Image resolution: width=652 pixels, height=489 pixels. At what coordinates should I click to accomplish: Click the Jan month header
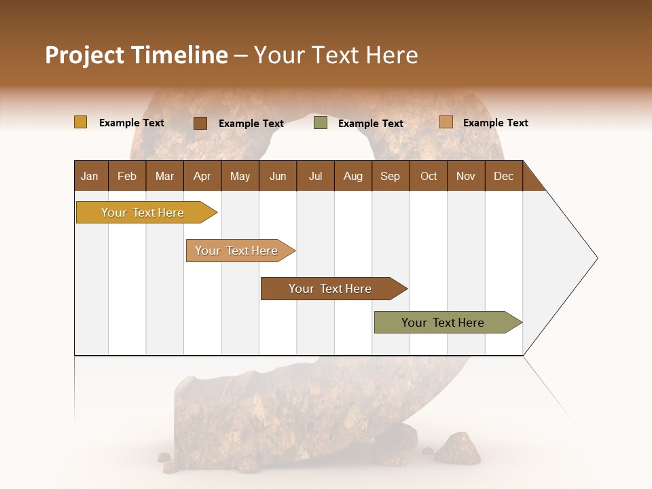pos(90,176)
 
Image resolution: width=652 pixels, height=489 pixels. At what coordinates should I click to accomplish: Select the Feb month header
pos(127,176)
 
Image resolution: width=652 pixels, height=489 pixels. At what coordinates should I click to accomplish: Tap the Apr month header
pos(202,176)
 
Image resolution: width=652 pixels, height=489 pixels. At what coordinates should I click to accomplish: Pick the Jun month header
pos(278,176)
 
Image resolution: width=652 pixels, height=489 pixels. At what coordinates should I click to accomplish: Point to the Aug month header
pos(352,176)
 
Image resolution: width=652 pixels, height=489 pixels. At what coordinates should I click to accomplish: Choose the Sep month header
pos(390,176)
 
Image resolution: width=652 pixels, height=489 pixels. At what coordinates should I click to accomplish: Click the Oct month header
pos(429,176)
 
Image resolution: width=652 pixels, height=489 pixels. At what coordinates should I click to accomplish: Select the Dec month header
pos(503,176)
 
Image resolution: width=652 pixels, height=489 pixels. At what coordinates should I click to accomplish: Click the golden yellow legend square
pos(80,122)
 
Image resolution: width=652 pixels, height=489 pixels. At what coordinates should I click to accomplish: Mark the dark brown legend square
pos(200,123)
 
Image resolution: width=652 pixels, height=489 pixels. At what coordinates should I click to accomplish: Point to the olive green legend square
pos(321,123)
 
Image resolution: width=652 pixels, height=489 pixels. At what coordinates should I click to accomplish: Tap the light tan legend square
pos(446,122)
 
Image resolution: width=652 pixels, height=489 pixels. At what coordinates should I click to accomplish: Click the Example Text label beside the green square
pos(370,124)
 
